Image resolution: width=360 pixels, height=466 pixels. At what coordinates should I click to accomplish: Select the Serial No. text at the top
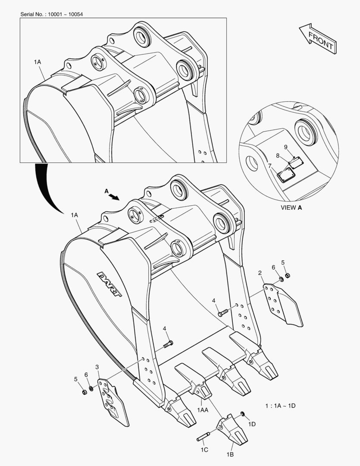coord(52,14)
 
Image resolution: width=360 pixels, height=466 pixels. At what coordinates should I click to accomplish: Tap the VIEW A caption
coord(291,208)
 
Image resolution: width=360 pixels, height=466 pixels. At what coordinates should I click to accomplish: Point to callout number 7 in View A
coord(269,166)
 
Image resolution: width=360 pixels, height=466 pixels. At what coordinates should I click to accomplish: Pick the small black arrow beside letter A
coord(113,196)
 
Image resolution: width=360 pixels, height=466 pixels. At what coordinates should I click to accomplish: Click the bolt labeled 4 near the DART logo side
coord(168,344)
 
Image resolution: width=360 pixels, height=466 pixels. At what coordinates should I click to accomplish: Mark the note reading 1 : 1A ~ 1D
coord(280,406)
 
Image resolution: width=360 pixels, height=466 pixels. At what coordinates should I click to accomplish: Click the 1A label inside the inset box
coord(37,63)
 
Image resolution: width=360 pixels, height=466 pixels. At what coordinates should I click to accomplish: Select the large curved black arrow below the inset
coord(47,186)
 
